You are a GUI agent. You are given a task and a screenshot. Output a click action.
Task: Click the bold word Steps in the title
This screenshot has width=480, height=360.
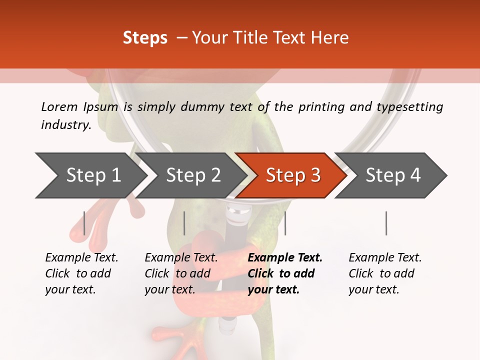click(145, 38)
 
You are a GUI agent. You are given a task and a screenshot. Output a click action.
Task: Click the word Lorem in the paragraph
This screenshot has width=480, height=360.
click(59, 106)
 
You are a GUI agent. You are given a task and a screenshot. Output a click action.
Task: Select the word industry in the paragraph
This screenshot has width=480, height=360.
click(65, 125)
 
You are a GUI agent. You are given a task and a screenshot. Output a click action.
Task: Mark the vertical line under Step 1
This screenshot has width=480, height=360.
click(84, 223)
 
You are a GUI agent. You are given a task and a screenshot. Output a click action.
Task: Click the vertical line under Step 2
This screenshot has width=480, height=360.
click(184, 223)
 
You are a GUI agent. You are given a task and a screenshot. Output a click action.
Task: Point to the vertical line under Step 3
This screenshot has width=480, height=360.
click(285, 223)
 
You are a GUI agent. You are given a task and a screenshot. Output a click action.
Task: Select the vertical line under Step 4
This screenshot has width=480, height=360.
click(386, 223)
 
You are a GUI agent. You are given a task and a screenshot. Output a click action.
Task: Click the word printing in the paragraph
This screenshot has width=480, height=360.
click(321, 107)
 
